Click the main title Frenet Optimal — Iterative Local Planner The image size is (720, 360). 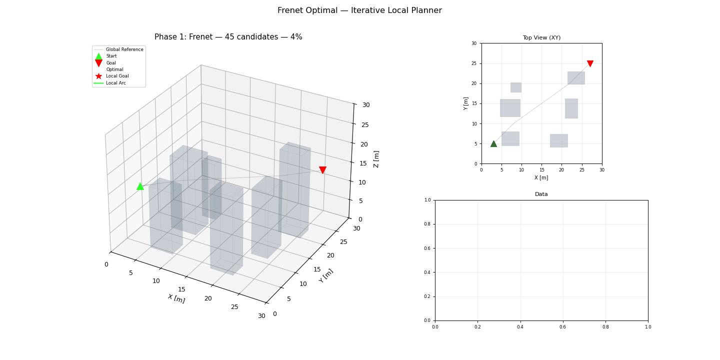coord(359,10)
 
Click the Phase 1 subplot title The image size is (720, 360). coord(228,37)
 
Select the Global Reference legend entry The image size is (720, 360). coord(124,49)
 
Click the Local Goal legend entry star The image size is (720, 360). coord(98,76)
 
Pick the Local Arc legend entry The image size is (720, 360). coord(115,83)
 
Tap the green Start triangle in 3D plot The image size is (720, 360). coord(140,186)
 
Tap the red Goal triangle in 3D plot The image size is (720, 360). coord(322,170)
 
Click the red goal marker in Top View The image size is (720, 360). coord(590,63)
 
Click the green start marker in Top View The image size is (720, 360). coord(493,143)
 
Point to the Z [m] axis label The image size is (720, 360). coord(376,158)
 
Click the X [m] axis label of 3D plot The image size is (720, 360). coord(176,298)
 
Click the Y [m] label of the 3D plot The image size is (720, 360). coord(326,275)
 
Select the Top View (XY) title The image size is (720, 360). coord(541,37)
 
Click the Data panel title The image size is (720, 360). coord(541,194)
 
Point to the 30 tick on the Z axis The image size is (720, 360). coord(366,105)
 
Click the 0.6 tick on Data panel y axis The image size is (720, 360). coord(428,248)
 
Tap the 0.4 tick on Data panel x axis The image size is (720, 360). coord(520,326)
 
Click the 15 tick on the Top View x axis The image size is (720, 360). coord(541,169)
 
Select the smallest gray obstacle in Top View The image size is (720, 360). coord(515,87)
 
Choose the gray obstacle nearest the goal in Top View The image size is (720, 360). coord(576,78)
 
